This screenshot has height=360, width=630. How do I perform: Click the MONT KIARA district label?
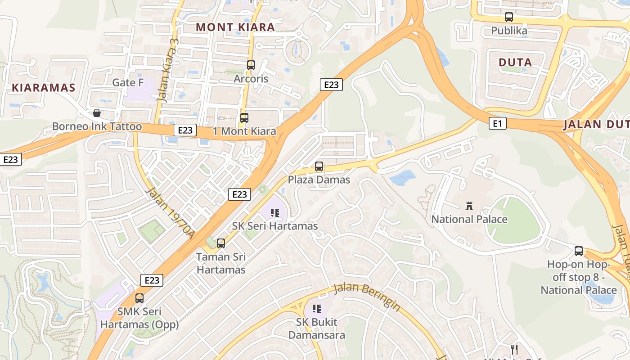pyautogui.click(x=235, y=27)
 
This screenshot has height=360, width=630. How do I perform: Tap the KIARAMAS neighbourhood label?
pyautogui.click(x=43, y=88)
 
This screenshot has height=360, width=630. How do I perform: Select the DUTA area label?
pyautogui.click(x=515, y=63)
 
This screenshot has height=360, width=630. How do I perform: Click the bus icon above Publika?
pyautogui.click(x=509, y=17)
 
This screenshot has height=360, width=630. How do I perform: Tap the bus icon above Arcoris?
pyautogui.click(x=251, y=65)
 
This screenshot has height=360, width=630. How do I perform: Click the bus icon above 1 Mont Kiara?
pyautogui.click(x=244, y=118)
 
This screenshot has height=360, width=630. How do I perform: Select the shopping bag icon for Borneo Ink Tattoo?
pyautogui.click(x=96, y=113)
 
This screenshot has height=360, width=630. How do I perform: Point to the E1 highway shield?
pyautogui.click(x=497, y=123)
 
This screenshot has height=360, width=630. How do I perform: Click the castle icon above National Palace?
pyautogui.click(x=469, y=206)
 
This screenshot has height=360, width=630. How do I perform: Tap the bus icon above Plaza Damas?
pyautogui.click(x=319, y=166)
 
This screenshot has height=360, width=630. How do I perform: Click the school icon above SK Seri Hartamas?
pyautogui.click(x=275, y=213)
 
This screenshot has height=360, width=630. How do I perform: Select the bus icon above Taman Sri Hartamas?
pyautogui.click(x=221, y=243)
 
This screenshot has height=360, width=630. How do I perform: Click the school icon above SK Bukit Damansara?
pyautogui.click(x=317, y=309)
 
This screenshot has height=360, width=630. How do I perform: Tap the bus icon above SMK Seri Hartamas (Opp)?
pyautogui.click(x=139, y=298)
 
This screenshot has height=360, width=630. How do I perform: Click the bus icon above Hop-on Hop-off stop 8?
pyautogui.click(x=579, y=251)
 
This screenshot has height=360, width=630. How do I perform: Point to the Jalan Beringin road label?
pyautogui.click(x=367, y=297)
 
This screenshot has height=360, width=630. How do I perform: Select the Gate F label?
pyautogui.click(x=128, y=82)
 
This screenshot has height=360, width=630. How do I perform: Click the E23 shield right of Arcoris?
pyautogui.click(x=331, y=85)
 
